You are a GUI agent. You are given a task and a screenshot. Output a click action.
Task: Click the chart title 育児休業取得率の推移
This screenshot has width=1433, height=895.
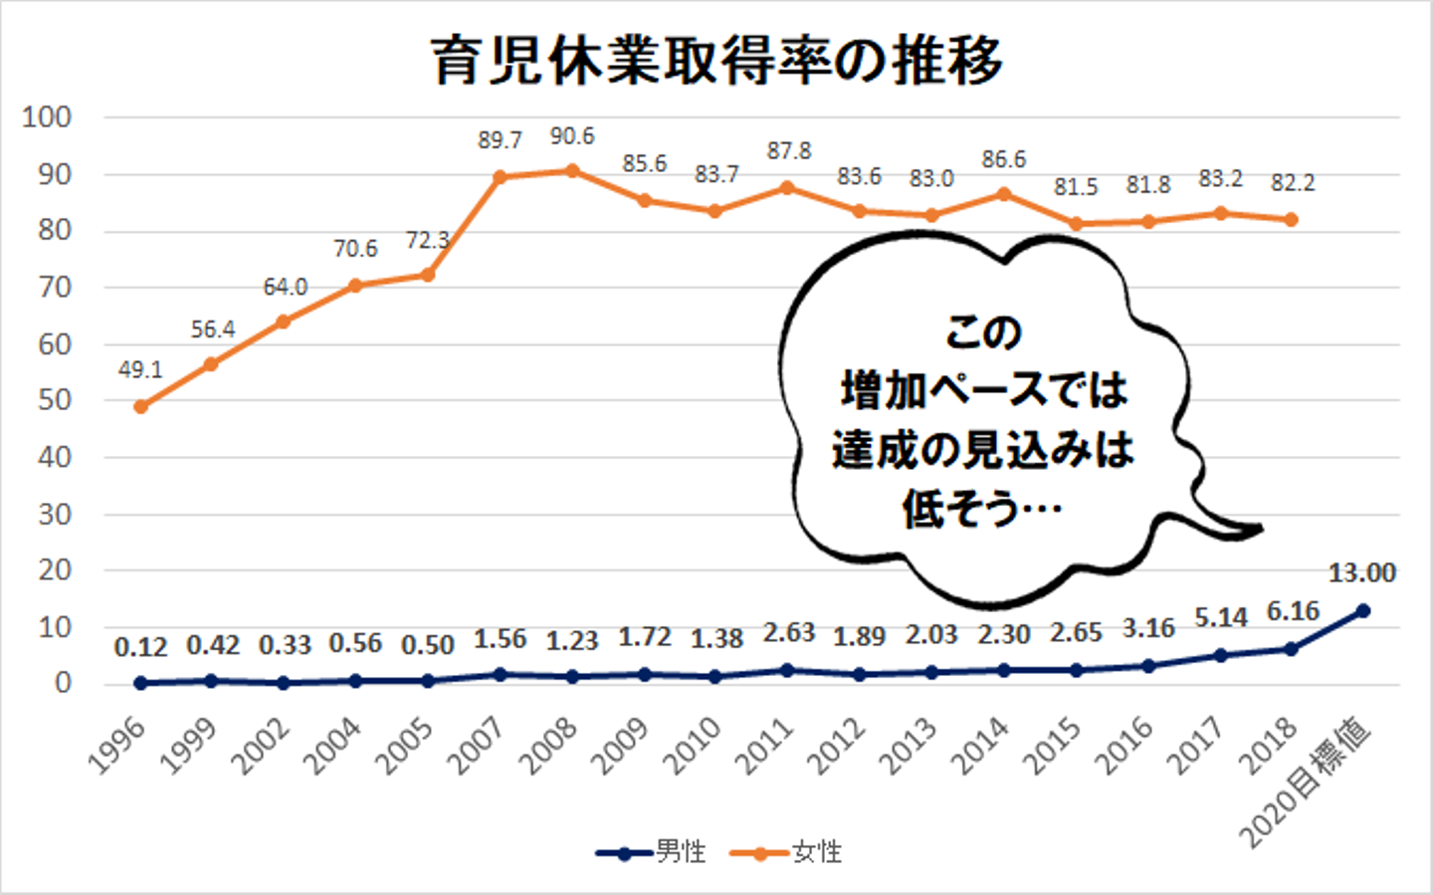[x=716, y=61]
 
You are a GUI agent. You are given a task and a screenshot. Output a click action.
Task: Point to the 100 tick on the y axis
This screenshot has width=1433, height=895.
[x=47, y=117]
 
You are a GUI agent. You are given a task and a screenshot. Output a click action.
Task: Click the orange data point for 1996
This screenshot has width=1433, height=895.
[x=140, y=406]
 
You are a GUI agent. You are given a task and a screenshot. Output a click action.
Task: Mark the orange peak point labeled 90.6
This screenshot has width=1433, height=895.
[x=572, y=170]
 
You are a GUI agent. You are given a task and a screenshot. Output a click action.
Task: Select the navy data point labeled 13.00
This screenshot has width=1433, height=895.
[x=1363, y=610]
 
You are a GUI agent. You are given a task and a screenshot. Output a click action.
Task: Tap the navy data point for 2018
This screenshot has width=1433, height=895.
[x=1292, y=649]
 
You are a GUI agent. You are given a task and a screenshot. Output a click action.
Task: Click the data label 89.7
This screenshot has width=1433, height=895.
[x=500, y=140]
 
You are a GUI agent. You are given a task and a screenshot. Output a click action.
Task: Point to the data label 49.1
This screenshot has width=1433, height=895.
[x=140, y=370]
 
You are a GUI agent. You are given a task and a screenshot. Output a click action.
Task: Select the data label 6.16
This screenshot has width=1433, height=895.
[x=1292, y=611]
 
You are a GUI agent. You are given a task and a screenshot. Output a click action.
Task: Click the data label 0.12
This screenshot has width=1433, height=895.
[x=140, y=647]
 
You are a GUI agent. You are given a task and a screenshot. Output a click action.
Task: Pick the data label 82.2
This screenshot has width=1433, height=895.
[x=1292, y=183]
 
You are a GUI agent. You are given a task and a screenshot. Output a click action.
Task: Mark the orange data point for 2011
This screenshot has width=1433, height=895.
[x=788, y=187]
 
